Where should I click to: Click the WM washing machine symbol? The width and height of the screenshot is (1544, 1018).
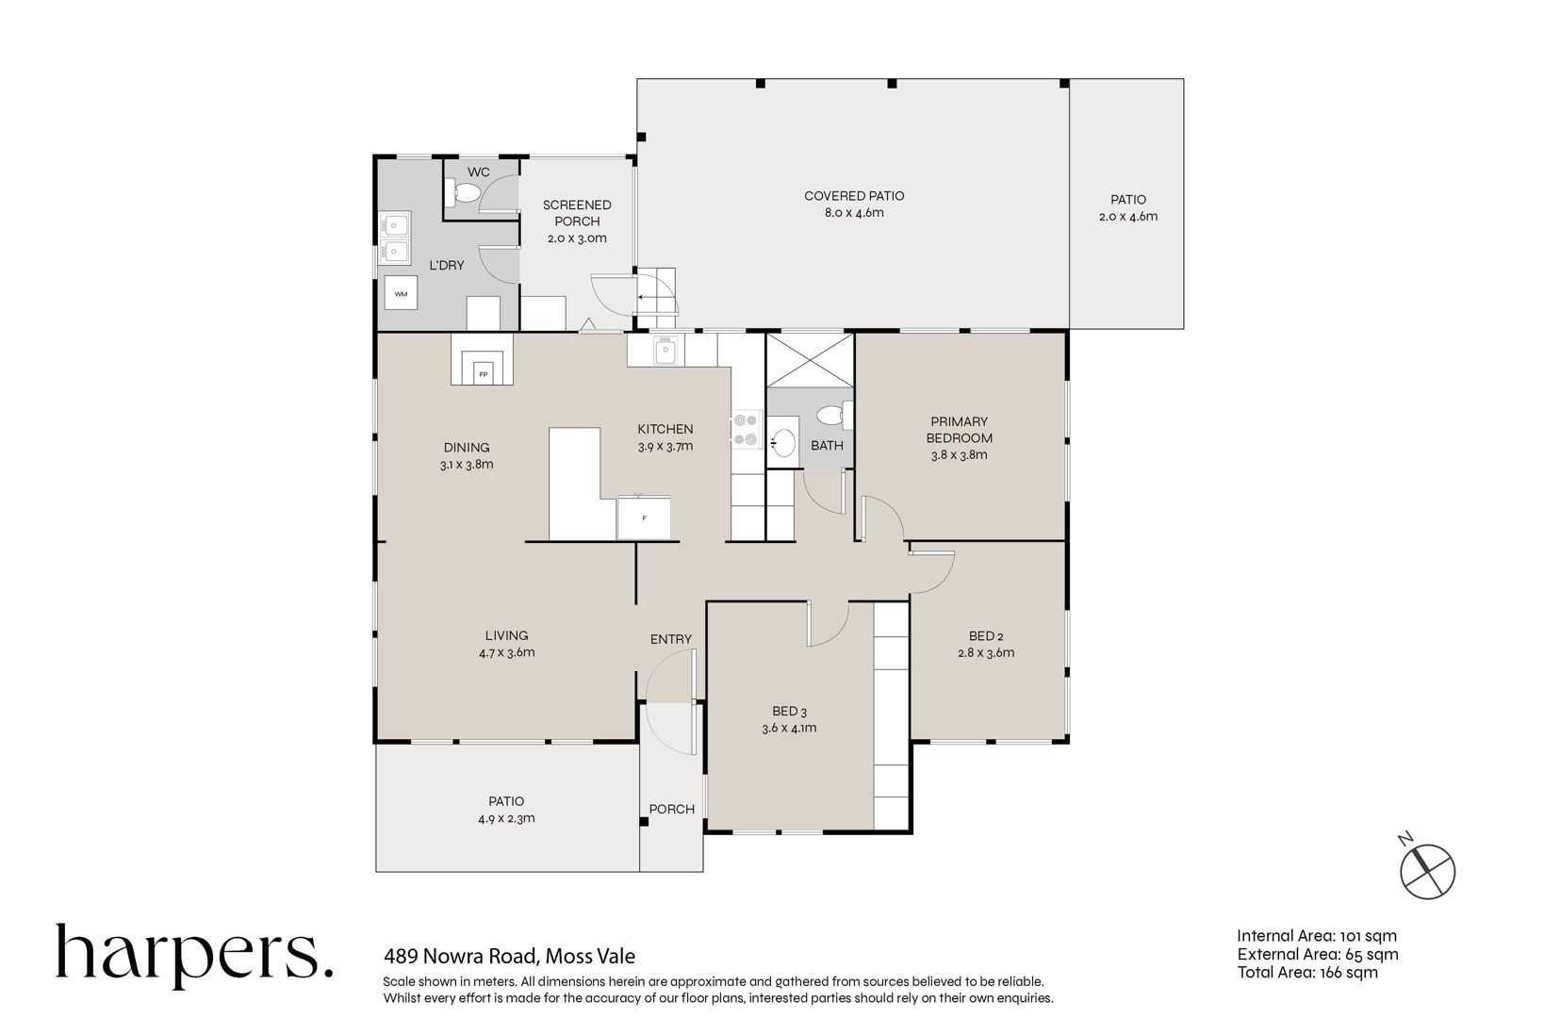tap(401, 293)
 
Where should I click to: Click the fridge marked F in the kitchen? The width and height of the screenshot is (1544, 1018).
tap(644, 517)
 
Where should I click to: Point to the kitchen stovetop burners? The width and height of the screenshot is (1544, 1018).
tap(746, 430)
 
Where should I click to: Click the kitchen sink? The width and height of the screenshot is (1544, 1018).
tap(665, 350)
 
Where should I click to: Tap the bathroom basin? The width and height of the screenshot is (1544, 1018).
tap(782, 442)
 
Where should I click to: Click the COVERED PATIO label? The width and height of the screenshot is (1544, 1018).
tap(854, 196)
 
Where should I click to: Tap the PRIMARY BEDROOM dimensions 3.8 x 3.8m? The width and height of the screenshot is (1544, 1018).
tap(959, 455)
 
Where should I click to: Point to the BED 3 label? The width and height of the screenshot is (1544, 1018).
tap(789, 711)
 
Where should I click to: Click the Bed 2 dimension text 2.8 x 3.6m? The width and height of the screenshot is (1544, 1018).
tap(986, 652)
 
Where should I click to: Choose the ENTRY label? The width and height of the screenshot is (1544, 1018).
tap(671, 639)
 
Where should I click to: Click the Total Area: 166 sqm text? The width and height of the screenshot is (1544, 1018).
tap(1307, 973)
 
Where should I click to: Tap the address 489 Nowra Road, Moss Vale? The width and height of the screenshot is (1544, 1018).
tap(509, 957)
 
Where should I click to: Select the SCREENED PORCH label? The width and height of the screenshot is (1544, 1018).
tap(577, 213)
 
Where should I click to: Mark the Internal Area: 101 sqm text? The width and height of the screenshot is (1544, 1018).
tap(1317, 936)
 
